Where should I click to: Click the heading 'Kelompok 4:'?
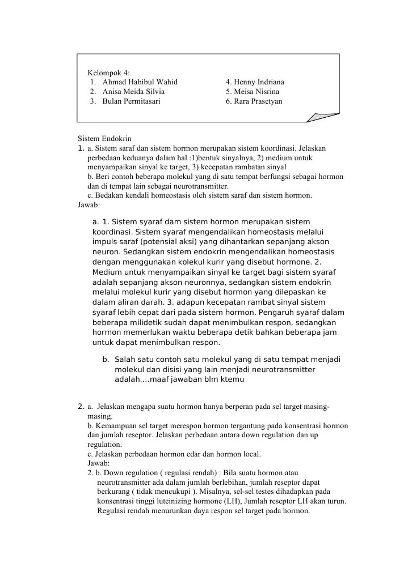tap(108, 72)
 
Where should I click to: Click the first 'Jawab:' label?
tap(89, 206)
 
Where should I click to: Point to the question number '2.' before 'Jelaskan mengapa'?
tap(81, 406)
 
